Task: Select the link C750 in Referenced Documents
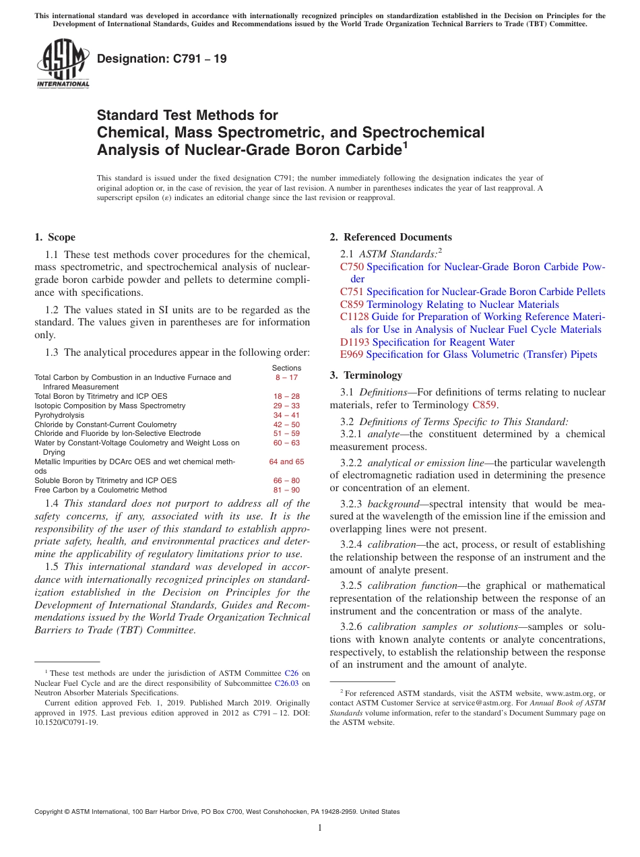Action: pyautogui.click(x=352, y=267)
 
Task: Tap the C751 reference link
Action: pyautogui.click(x=352, y=292)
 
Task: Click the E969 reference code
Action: pyautogui.click(x=352, y=354)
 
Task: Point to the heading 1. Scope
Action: pyautogui.click(x=55, y=237)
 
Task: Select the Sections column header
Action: pyautogui.click(x=286, y=368)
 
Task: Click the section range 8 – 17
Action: pyautogui.click(x=286, y=378)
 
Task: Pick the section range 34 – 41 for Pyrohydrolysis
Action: pyautogui.click(x=286, y=416)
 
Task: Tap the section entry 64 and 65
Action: pyautogui.click(x=286, y=462)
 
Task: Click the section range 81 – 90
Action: pyautogui.click(x=286, y=490)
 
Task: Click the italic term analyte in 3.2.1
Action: pyautogui.click(x=381, y=435)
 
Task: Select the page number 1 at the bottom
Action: pyautogui.click(x=320, y=827)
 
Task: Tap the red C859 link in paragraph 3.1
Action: pyautogui.click(x=484, y=405)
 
